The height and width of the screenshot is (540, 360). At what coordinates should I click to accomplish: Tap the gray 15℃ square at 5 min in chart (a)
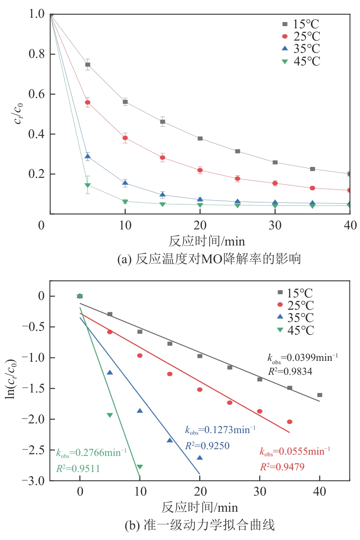(x=88, y=65)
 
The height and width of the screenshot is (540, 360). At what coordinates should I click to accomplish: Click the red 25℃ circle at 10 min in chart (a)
(x=125, y=138)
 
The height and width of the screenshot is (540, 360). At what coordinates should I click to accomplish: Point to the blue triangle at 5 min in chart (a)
(x=88, y=157)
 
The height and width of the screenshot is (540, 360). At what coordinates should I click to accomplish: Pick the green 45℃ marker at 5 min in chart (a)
(x=88, y=185)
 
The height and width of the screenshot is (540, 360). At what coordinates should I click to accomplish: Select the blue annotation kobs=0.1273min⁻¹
(x=220, y=431)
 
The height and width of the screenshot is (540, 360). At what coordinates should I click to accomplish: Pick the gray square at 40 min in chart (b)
(x=320, y=395)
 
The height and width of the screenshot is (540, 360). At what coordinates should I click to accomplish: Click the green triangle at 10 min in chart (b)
(x=140, y=467)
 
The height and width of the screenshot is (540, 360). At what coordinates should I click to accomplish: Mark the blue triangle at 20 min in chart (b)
(x=200, y=458)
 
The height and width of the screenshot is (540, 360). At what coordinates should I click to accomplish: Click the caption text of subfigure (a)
(x=209, y=259)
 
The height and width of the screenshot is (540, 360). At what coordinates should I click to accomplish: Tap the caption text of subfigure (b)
(x=200, y=526)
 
